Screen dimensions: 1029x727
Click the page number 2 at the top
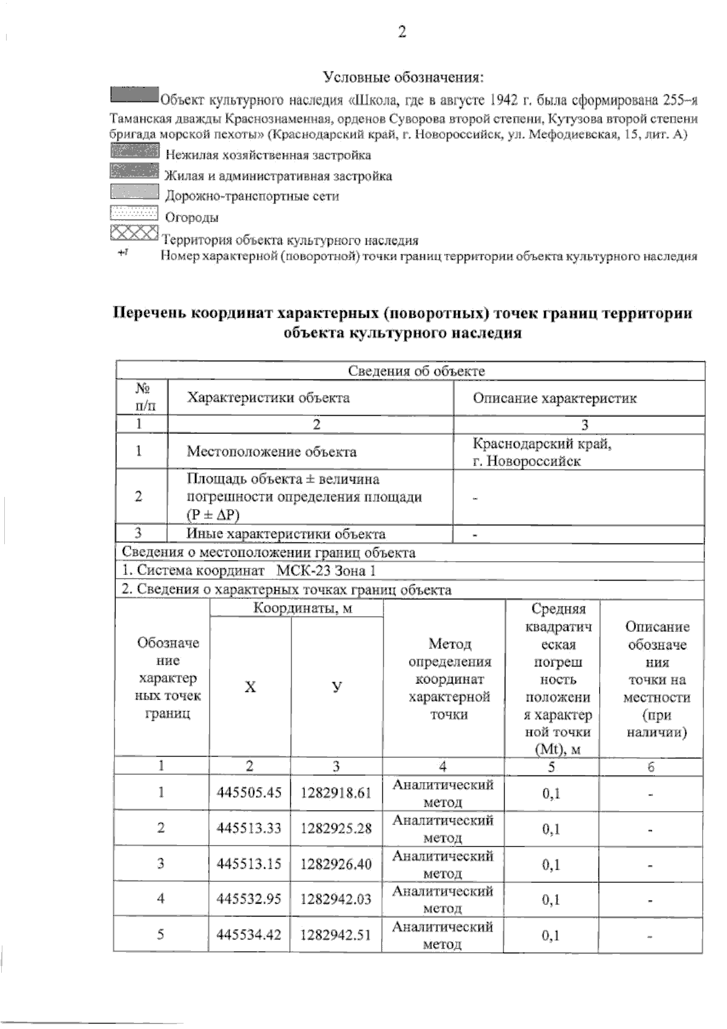point(402,32)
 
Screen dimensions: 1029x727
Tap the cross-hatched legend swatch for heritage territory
point(134,233)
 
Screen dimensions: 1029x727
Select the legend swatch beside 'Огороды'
point(134,213)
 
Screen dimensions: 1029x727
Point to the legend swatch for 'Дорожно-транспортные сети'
point(134,192)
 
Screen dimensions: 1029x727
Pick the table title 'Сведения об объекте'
point(416,371)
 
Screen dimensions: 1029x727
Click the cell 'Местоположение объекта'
point(271,452)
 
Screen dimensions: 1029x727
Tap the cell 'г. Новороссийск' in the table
point(527,461)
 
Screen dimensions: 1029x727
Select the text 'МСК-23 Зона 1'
point(326,570)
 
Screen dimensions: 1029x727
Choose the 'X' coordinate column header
point(250,687)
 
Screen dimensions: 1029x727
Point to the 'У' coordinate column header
point(337,687)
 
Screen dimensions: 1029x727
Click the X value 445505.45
point(250,792)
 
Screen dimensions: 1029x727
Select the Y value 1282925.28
point(336,828)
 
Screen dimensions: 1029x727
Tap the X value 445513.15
point(250,864)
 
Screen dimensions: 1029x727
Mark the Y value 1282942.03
point(336,899)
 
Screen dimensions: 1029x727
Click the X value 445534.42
point(250,935)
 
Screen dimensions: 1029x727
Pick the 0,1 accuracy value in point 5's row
point(551,936)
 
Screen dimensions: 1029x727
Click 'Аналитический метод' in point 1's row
point(443,793)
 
